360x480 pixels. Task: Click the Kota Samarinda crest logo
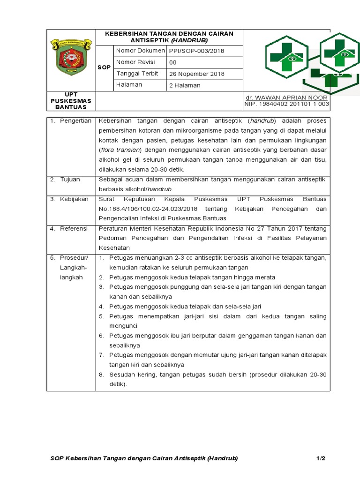[72, 58]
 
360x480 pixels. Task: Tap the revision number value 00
[173, 62]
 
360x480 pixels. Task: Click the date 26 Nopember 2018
[197, 74]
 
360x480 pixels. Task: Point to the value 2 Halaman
[185, 85]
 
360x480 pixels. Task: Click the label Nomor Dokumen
[141, 50]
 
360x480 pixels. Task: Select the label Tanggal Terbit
[137, 74]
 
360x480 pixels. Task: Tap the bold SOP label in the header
[104, 67]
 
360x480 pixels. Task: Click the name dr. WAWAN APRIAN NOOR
[287, 97]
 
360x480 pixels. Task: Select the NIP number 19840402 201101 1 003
[287, 104]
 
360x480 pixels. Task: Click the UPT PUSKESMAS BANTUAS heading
[71, 101]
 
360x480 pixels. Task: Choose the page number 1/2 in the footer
[321, 458]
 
